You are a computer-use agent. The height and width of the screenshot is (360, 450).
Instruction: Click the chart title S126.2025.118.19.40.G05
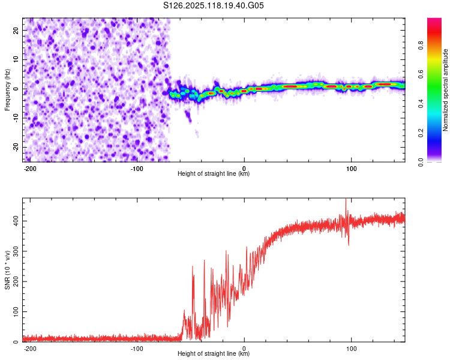click(x=213, y=5)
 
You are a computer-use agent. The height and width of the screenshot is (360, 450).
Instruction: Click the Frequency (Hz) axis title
click(x=7, y=90)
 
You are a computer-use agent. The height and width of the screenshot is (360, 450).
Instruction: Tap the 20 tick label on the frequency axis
click(x=16, y=31)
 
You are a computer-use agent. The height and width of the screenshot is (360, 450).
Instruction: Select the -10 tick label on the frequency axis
click(x=16, y=118)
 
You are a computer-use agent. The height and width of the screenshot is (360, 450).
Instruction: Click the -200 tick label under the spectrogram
click(x=29, y=169)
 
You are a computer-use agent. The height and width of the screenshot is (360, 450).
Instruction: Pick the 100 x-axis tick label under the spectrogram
click(x=351, y=169)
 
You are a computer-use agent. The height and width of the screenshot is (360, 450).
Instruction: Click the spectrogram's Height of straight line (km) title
click(x=214, y=173)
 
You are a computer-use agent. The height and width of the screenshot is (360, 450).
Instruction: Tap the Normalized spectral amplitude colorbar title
click(x=445, y=90)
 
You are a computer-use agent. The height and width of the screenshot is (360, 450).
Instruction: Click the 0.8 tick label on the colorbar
click(x=421, y=46)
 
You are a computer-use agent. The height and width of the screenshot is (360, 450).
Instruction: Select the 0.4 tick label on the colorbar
click(x=421, y=104)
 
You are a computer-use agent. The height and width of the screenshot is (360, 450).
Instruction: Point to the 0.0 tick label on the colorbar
click(x=421, y=162)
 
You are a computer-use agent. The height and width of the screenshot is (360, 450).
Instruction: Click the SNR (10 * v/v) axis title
click(x=7, y=270)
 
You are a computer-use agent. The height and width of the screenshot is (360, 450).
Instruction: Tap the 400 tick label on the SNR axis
click(x=16, y=221)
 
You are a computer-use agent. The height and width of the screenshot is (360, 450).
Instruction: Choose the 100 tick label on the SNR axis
click(x=16, y=311)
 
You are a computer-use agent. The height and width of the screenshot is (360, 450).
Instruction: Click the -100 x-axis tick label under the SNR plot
click(x=137, y=349)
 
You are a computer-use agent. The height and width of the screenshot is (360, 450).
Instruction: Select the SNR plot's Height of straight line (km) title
click(x=214, y=353)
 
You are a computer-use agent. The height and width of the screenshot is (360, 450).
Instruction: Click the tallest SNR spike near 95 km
click(x=346, y=200)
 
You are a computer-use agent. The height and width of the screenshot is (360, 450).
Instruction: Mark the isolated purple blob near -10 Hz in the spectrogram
click(x=188, y=115)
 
